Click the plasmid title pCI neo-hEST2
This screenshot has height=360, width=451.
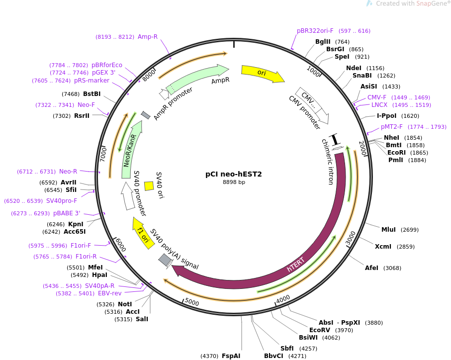pos(234,174)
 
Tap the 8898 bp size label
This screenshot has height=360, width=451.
pos(234,182)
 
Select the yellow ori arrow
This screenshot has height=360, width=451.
pos(263,73)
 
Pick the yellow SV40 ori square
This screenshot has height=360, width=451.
pos(149,186)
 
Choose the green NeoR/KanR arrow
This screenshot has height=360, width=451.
pos(131,149)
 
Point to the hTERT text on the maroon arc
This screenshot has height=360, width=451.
pos(295,264)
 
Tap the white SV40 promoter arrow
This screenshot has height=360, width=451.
pos(128,196)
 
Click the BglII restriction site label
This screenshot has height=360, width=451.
pos(323,42)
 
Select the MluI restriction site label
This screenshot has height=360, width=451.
pos(388,229)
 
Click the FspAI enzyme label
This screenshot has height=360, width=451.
pos(231,356)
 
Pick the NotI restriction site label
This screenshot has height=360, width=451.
pos(125,304)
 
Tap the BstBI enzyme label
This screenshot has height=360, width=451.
pos(92,94)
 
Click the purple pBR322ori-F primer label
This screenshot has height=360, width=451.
pos(315,31)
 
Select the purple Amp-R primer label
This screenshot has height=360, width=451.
pos(148,37)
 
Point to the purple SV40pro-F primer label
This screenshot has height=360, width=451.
pos(62,201)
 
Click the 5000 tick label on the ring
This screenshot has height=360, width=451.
pos(192,302)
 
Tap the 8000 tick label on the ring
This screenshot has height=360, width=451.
pos(149,76)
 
